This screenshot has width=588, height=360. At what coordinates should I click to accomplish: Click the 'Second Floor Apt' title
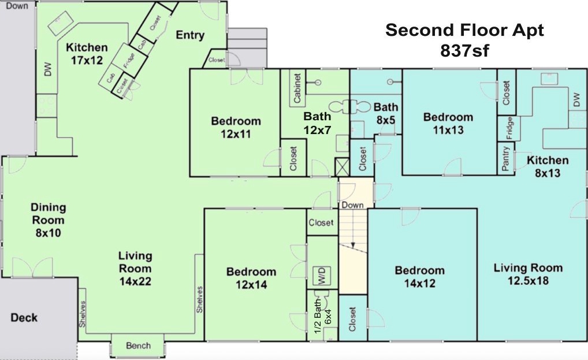tap(464, 30)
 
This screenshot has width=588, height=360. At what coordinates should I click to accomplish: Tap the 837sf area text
tap(464, 51)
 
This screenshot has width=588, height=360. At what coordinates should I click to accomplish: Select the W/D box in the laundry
tap(322, 276)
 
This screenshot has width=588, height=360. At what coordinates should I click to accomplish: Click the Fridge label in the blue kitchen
tap(509, 129)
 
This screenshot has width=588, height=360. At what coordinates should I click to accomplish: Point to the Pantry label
tap(505, 158)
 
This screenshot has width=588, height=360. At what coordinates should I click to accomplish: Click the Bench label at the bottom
tap(139, 346)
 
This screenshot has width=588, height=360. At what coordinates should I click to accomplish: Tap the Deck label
tap(24, 318)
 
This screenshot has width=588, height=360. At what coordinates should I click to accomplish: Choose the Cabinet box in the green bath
tap(297, 88)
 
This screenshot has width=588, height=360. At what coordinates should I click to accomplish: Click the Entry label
tap(190, 35)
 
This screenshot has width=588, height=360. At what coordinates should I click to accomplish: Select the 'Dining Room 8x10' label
tap(48, 220)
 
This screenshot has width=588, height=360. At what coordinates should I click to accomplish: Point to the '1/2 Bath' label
tap(317, 316)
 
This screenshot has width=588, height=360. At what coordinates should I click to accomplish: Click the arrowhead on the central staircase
tap(353, 245)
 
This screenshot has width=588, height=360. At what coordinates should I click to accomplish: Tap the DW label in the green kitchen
tap(47, 69)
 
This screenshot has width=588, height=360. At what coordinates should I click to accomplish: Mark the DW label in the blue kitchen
tap(577, 99)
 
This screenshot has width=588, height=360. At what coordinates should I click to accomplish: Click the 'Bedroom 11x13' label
tap(448, 124)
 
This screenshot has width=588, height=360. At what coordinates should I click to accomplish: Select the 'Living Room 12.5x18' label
tap(528, 274)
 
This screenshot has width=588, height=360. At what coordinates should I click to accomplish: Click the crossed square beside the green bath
tap(342, 167)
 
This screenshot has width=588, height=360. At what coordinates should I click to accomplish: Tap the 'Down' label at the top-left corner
tap(17, 5)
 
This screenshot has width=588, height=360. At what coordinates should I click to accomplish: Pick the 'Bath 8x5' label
tap(385, 113)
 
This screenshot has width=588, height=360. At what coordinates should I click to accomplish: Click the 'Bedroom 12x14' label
tap(251, 278)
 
